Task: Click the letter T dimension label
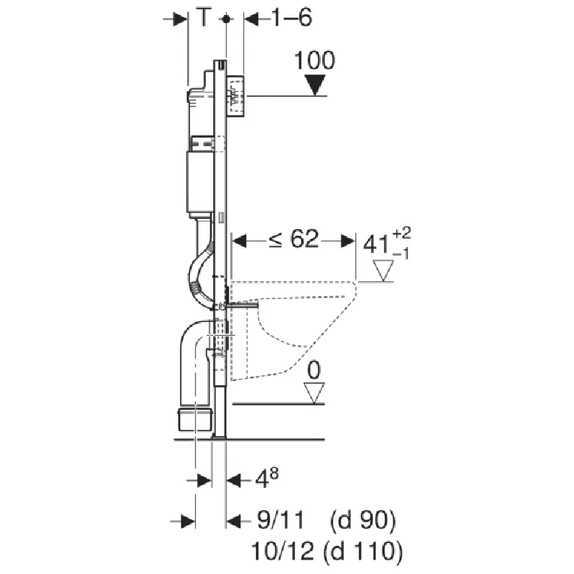[204, 17]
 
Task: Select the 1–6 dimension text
[291, 17]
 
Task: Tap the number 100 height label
[314, 60]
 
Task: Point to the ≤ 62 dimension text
[293, 239]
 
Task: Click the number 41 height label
[376, 244]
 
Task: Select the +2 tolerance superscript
[402, 232]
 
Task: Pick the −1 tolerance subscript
[401, 254]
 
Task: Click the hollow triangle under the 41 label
[383, 270]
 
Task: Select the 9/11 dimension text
[281, 519]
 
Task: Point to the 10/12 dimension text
[283, 550]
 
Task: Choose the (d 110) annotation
[363, 551]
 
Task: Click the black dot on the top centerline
[226, 19]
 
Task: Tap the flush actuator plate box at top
[235, 96]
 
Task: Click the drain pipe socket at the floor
[194, 419]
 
